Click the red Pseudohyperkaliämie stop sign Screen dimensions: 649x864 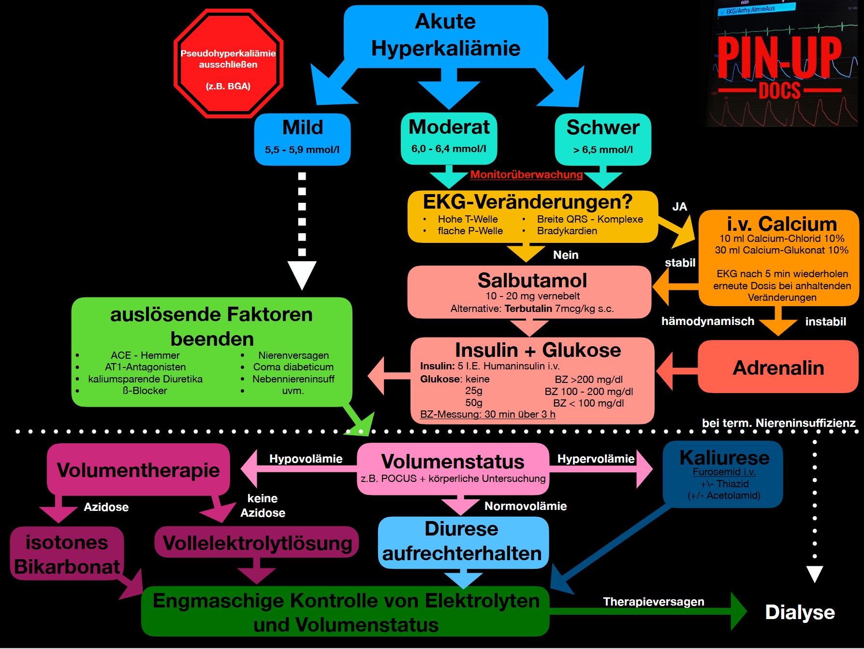click(x=228, y=64)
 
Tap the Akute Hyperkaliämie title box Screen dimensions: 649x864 click(x=445, y=35)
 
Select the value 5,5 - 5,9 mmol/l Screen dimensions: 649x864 click(x=302, y=150)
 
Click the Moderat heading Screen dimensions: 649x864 click(x=449, y=127)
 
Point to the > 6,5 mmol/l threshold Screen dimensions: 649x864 click(x=603, y=150)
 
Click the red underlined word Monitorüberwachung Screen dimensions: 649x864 click(x=527, y=175)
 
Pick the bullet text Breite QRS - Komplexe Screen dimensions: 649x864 click(x=590, y=219)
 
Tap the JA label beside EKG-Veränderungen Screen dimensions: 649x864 click(x=679, y=207)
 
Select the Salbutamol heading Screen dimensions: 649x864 click(x=532, y=281)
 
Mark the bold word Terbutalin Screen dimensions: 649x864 click(x=528, y=309)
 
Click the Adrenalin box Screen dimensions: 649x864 click(x=778, y=368)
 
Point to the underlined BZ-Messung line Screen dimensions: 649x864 click(x=487, y=414)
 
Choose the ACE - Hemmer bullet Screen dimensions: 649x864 click(x=145, y=355)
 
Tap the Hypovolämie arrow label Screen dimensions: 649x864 click(x=306, y=459)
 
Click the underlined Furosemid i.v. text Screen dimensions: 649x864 click(x=724, y=472)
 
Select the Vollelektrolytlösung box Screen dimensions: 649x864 click(x=257, y=543)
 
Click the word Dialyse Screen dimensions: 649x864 click(x=800, y=612)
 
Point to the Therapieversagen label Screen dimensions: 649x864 click(x=653, y=602)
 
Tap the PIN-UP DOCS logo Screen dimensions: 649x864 click(x=779, y=65)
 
